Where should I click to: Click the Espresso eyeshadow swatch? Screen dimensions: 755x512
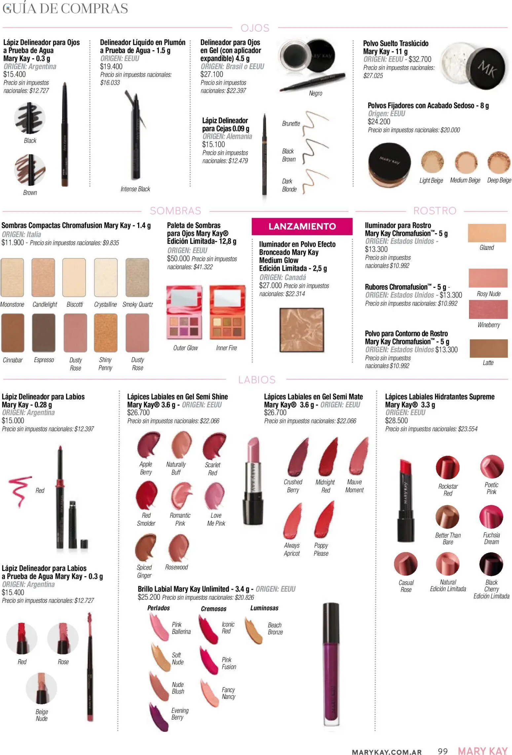(x=44, y=333)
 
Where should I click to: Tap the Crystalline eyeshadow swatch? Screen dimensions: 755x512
(x=106, y=278)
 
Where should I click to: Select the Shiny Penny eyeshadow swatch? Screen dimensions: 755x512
(x=106, y=333)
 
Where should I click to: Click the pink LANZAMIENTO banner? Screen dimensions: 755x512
(x=302, y=226)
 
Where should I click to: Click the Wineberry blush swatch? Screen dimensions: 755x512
(x=488, y=309)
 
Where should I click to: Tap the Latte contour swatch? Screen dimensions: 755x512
(x=488, y=348)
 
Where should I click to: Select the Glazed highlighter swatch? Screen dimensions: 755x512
(x=487, y=233)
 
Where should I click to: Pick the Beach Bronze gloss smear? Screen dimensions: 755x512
(x=253, y=629)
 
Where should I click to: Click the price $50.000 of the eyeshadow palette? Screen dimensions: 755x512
(x=178, y=259)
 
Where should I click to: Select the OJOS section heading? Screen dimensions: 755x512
(x=255, y=28)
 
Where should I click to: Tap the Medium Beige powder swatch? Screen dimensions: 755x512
(x=466, y=162)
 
